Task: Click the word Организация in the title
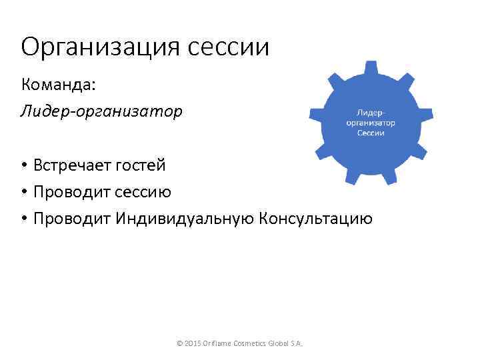click(98, 48)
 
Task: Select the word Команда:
click(59, 85)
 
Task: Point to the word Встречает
click(75, 165)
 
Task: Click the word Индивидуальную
click(184, 219)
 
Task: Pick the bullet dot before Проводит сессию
click(24, 193)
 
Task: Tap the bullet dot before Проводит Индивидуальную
click(24, 219)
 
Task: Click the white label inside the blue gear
click(371, 123)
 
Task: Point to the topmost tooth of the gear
click(371, 67)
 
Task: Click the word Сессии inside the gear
click(371, 133)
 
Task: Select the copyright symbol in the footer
click(179, 343)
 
